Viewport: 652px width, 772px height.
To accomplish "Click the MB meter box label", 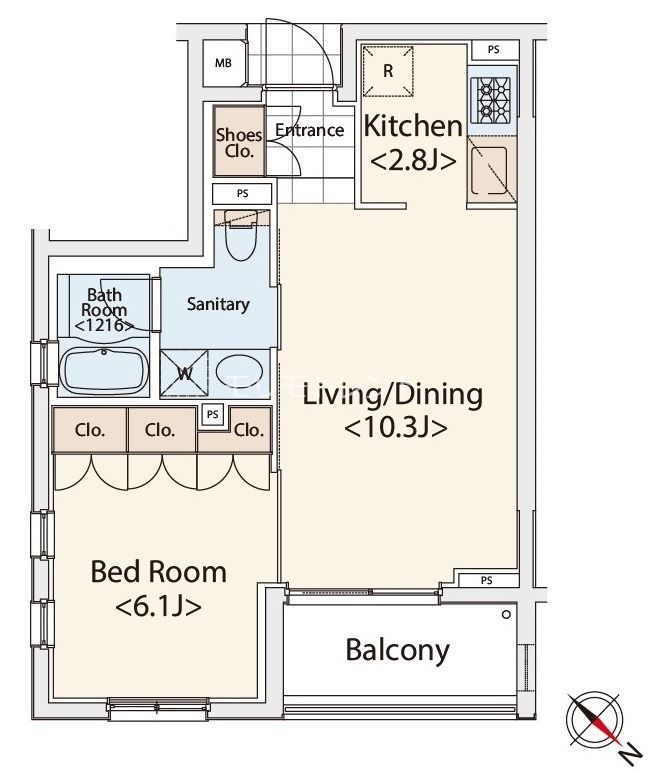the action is click(223, 63).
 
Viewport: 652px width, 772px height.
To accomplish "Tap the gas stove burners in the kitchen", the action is click(490, 100).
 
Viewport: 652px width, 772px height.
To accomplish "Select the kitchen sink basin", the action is click(489, 170).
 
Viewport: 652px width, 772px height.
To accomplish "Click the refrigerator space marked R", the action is click(388, 71).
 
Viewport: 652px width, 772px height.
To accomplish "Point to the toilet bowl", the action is click(241, 236).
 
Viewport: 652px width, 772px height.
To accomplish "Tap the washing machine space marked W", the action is click(185, 373).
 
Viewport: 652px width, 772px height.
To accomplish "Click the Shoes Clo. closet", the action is click(239, 142).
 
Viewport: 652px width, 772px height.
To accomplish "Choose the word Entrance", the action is click(309, 130).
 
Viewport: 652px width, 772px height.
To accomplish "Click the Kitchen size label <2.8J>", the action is click(413, 161).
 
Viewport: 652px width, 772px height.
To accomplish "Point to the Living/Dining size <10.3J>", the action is click(395, 427).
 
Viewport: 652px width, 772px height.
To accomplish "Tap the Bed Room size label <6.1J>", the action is click(159, 607).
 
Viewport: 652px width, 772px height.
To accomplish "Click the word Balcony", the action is click(397, 651).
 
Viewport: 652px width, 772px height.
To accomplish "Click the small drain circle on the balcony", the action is click(506, 614).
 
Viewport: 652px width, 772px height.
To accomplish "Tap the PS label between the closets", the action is click(212, 415).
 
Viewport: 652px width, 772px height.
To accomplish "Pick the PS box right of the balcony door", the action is click(486, 580).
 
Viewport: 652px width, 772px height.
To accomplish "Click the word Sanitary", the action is click(218, 304).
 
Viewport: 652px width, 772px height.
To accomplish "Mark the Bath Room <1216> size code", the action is click(104, 325).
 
